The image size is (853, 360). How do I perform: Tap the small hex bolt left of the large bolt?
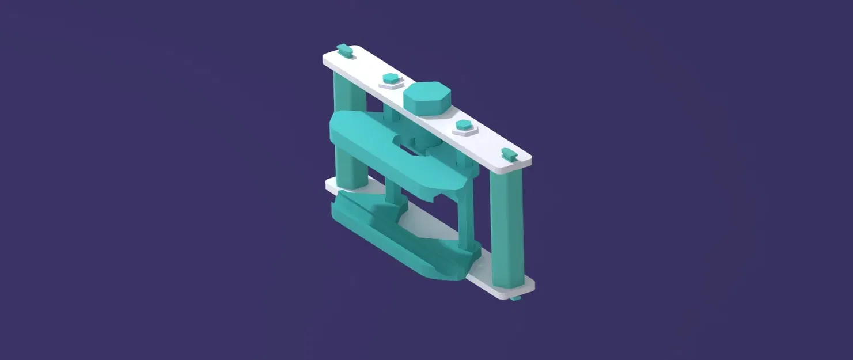click(x=390, y=79)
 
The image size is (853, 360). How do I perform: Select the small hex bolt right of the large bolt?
click(x=464, y=125)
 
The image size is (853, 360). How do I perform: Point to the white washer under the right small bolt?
click(x=464, y=131)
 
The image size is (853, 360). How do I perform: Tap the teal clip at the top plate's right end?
click(x=508, y=153)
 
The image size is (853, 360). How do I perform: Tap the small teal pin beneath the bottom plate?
click(x=517, y=298)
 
